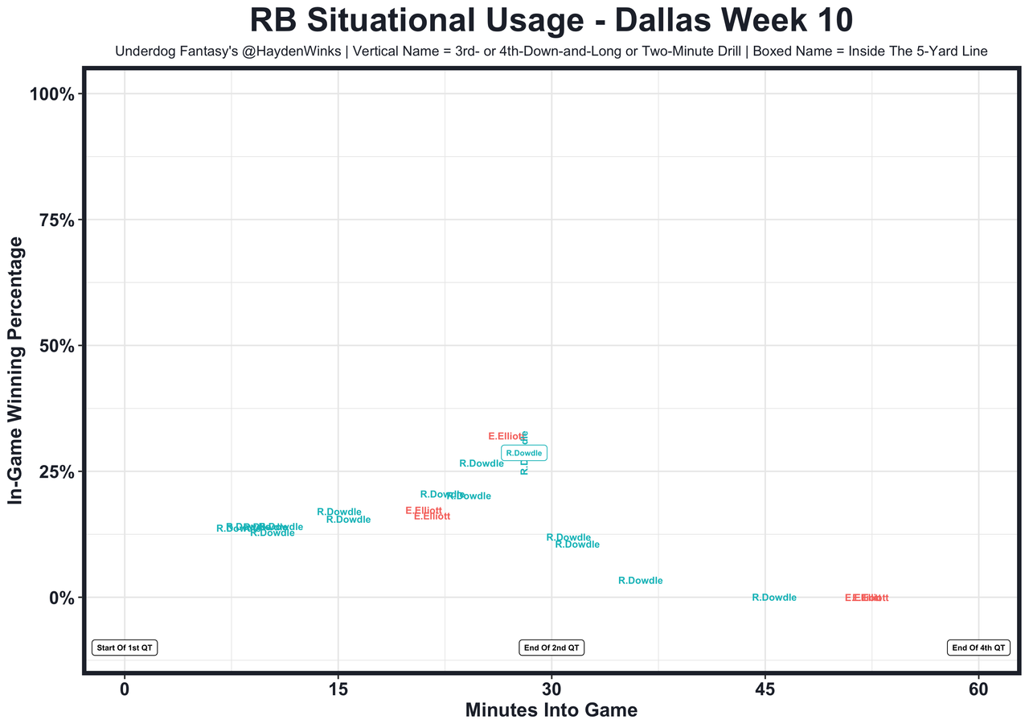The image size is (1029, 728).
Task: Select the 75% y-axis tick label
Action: click(56, 220)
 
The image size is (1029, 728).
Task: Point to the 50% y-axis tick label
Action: click(56, 346)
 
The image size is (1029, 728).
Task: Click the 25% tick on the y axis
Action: click(56, 472)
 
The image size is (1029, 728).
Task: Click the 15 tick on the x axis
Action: click(338, 689)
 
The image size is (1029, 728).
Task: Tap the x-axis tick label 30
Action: click(551, 689)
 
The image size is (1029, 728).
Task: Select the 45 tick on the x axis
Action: click(765, 689)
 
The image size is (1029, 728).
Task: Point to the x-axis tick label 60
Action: click(978, 689)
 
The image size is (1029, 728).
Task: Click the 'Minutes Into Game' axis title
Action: click(551, 711)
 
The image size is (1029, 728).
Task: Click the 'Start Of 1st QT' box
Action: click(125, 648)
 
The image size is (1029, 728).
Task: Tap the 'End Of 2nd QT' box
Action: click(551, 648)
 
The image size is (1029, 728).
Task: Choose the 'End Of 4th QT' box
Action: click(978, 648)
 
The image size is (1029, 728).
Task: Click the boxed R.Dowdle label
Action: click(524, 453)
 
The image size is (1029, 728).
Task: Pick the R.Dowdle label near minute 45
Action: click(774, 598)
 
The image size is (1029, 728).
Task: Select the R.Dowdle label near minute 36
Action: click(641, 581)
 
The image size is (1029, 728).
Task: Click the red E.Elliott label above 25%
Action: click(506, 437)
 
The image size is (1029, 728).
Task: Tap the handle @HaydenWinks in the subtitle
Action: click(278, 51)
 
